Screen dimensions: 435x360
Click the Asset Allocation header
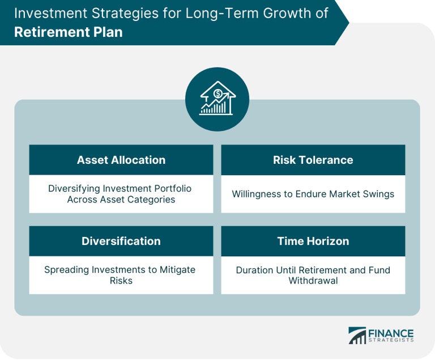[121, 160]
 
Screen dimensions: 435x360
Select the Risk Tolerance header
[313, 160]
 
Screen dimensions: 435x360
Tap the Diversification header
[121, 241]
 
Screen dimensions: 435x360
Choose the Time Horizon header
[313, 241]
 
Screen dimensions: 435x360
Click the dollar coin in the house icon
[217, 94]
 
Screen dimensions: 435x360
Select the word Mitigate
[177, 270]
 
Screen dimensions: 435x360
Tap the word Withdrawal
[313, 281]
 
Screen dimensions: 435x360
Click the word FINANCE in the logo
[391, 333]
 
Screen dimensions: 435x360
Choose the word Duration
[252, 270]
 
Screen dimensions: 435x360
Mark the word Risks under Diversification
[121, 281]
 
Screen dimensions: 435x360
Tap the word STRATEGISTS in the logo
[391, 340]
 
